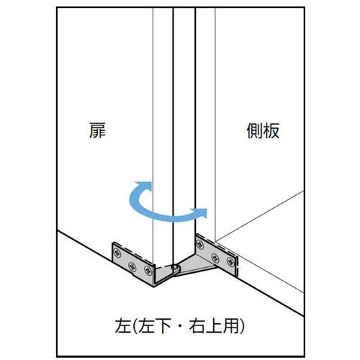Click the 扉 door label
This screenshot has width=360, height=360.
pyautogui.click(x=97, y=130)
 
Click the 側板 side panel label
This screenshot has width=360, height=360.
pyautogui.click(x=263, y=130)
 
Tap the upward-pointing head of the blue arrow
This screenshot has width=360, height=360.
pyautogui.click(x=143, y=186)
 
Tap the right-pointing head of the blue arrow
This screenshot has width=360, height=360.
pyautogui.click(x=199, y=212)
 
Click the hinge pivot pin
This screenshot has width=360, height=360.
pyautogui.click(x=175, y=266)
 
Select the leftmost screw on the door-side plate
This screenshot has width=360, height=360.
pyautogui.click(x=117, y=253)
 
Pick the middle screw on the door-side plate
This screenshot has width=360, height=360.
pyautogui.click(x=132, y=266)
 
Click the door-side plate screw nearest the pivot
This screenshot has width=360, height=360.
pyautogui.click(x=148, y=271)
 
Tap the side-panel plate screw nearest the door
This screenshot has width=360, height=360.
pyautogui.click(x=200, y=245)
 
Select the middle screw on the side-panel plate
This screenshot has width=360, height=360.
pyautogui.click(x=215, y=258)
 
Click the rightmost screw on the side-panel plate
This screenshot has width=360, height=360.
pyautogui.click(x=230, y=261)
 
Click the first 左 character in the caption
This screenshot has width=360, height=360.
pyautogui.click(x=123, y=325)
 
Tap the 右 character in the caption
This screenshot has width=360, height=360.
pyautogui.click(x=197, y=325)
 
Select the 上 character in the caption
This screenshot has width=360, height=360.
pyautogui.click(x=213, y=325)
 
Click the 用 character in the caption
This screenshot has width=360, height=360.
pyautogui.click(x=230, y=325)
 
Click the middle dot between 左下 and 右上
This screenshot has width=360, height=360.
pyautogui.click(x=180, y=326)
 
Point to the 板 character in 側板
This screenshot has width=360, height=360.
pyautogui.click(x=271, y=130)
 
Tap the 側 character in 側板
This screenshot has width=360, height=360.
pyautogui.click(x=255, y=130)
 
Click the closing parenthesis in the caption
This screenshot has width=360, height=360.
pyautogui.click(x=241, y=326)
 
